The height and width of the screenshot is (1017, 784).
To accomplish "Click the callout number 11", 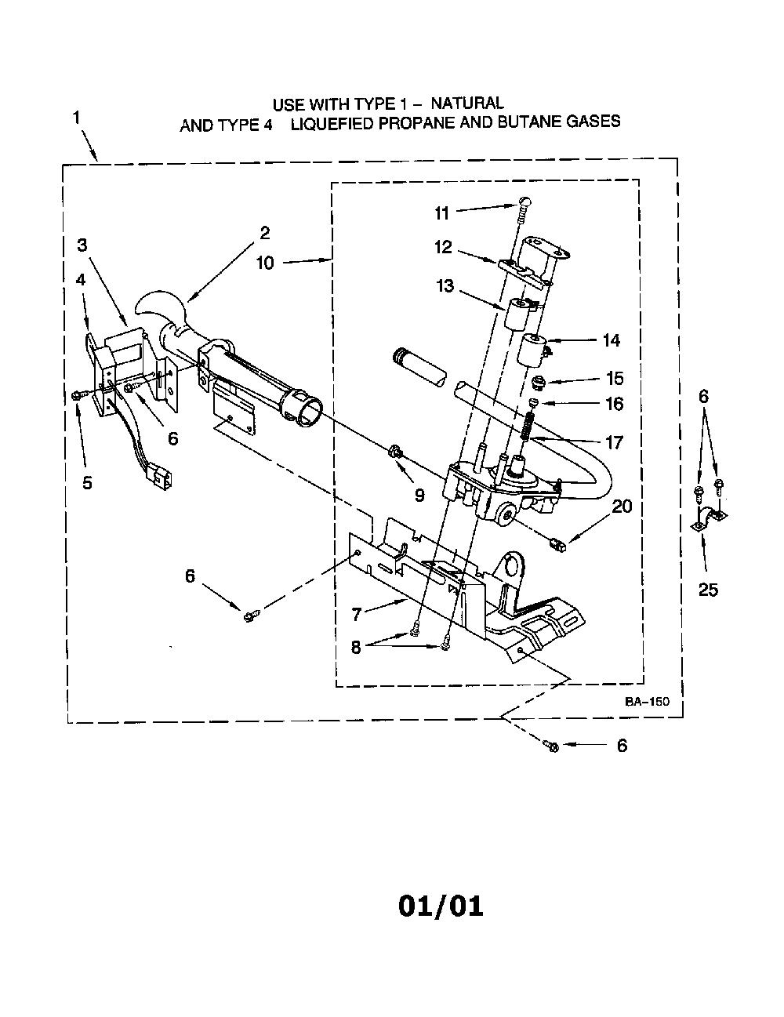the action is [x=441, y=213].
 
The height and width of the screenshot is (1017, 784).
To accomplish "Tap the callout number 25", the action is [x=708, y=590].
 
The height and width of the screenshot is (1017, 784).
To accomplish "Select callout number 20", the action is [x=622, y=507].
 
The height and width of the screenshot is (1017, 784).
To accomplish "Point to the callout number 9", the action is [x=419, y=495].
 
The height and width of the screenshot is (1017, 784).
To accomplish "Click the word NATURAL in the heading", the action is [x=467, y=103].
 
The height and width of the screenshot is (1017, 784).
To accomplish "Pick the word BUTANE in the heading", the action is [x=529, y=122].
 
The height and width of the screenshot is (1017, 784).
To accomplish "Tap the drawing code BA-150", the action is [x=647, y=702].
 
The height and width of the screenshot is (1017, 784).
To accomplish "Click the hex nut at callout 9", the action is [x=394, y=452].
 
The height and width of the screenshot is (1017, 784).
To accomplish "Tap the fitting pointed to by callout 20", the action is [x=557, y=545].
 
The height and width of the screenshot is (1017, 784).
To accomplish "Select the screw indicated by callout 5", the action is [x=78, y=395].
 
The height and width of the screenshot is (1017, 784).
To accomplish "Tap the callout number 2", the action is [x=265, y=233].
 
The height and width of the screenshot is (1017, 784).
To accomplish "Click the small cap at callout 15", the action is [x=539, y=383].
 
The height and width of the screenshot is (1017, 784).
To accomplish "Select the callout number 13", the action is [x=445, y=286].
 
